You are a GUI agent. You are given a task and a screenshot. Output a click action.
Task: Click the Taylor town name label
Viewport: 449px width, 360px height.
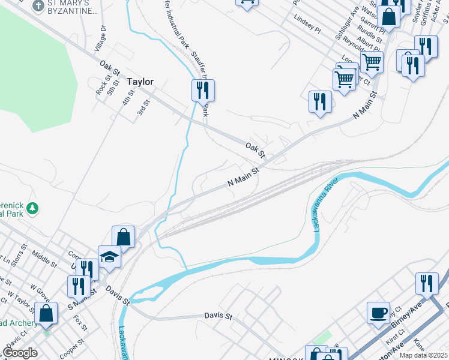pyautogui.click(x=140, y=82)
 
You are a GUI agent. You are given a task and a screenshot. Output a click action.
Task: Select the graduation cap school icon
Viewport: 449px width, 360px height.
pyautogui.click(x=110, y=257)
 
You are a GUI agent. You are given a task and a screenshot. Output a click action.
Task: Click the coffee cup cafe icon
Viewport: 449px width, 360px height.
pyautogui.click(x=379, y=313)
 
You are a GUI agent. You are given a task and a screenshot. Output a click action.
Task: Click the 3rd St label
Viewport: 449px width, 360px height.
pyautogui.click(x=143, y=108)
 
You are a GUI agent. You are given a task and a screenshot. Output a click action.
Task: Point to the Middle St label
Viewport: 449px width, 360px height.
pyautogui.click(x=44, y=260)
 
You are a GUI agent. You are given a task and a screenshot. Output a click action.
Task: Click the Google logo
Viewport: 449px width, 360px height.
pyautogui.click(x=20, y=353)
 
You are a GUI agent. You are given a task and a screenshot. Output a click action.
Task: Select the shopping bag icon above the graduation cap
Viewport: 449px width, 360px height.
pyautogui.click(x=123, y=236)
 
